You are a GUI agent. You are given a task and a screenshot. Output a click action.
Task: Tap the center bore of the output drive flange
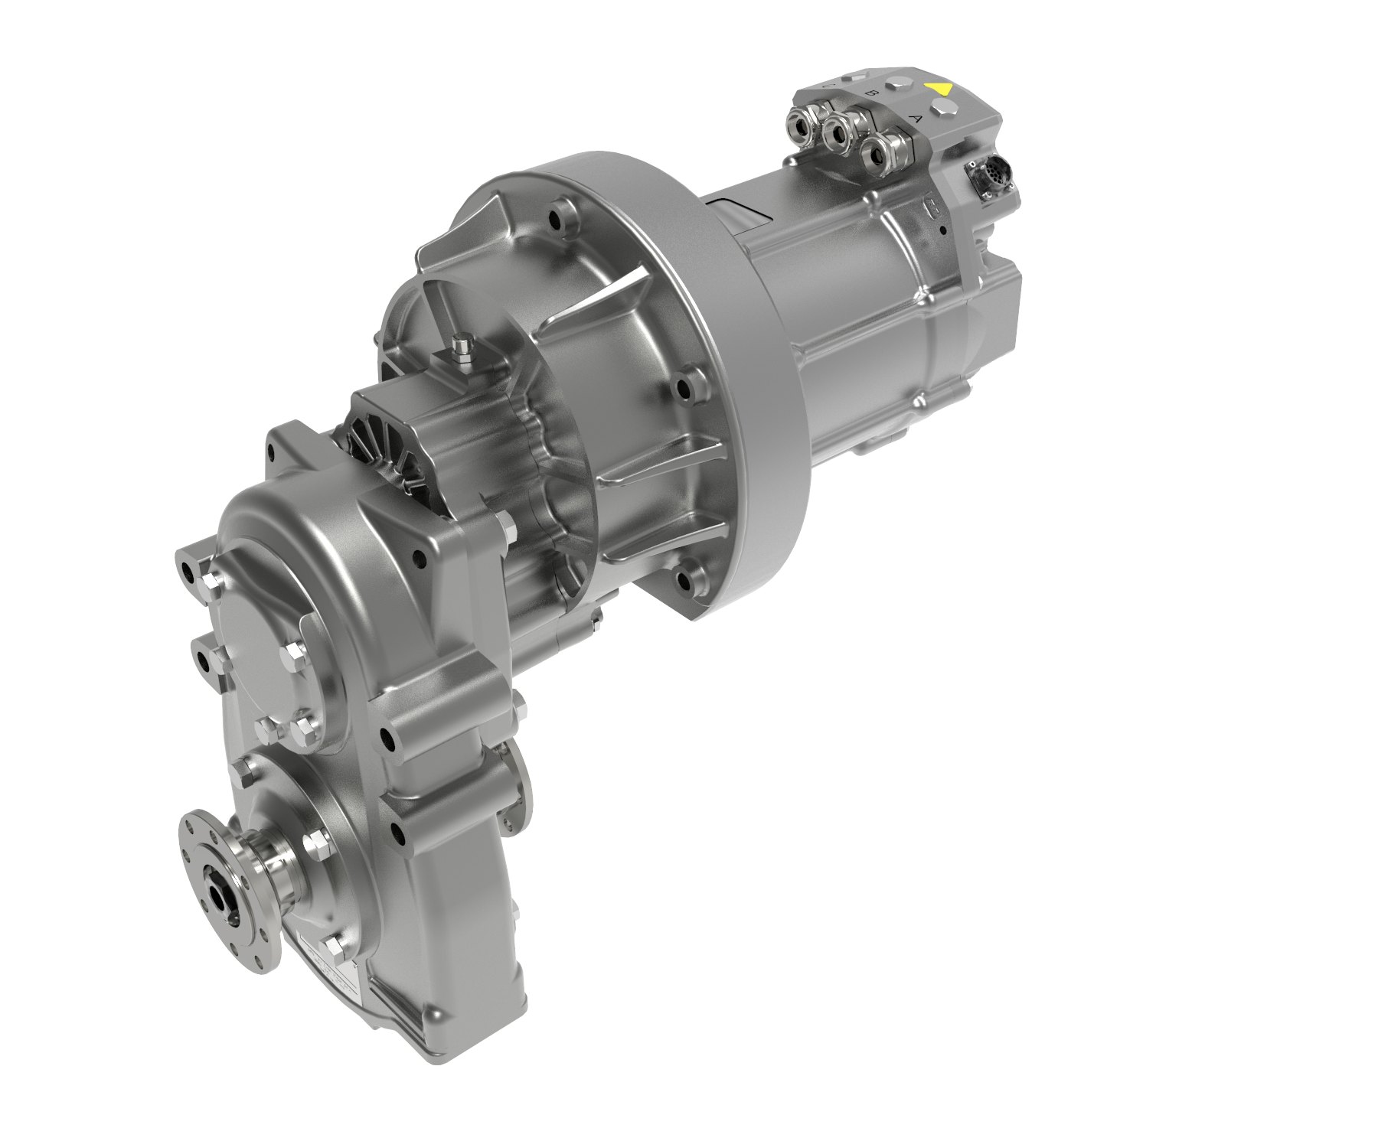coord(227,893)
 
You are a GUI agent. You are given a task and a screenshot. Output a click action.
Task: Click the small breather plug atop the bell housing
coord(461,346)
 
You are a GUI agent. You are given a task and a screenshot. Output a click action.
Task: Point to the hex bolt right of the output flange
coord(315,845)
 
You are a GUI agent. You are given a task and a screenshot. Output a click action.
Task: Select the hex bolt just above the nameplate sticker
coord(335,949)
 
